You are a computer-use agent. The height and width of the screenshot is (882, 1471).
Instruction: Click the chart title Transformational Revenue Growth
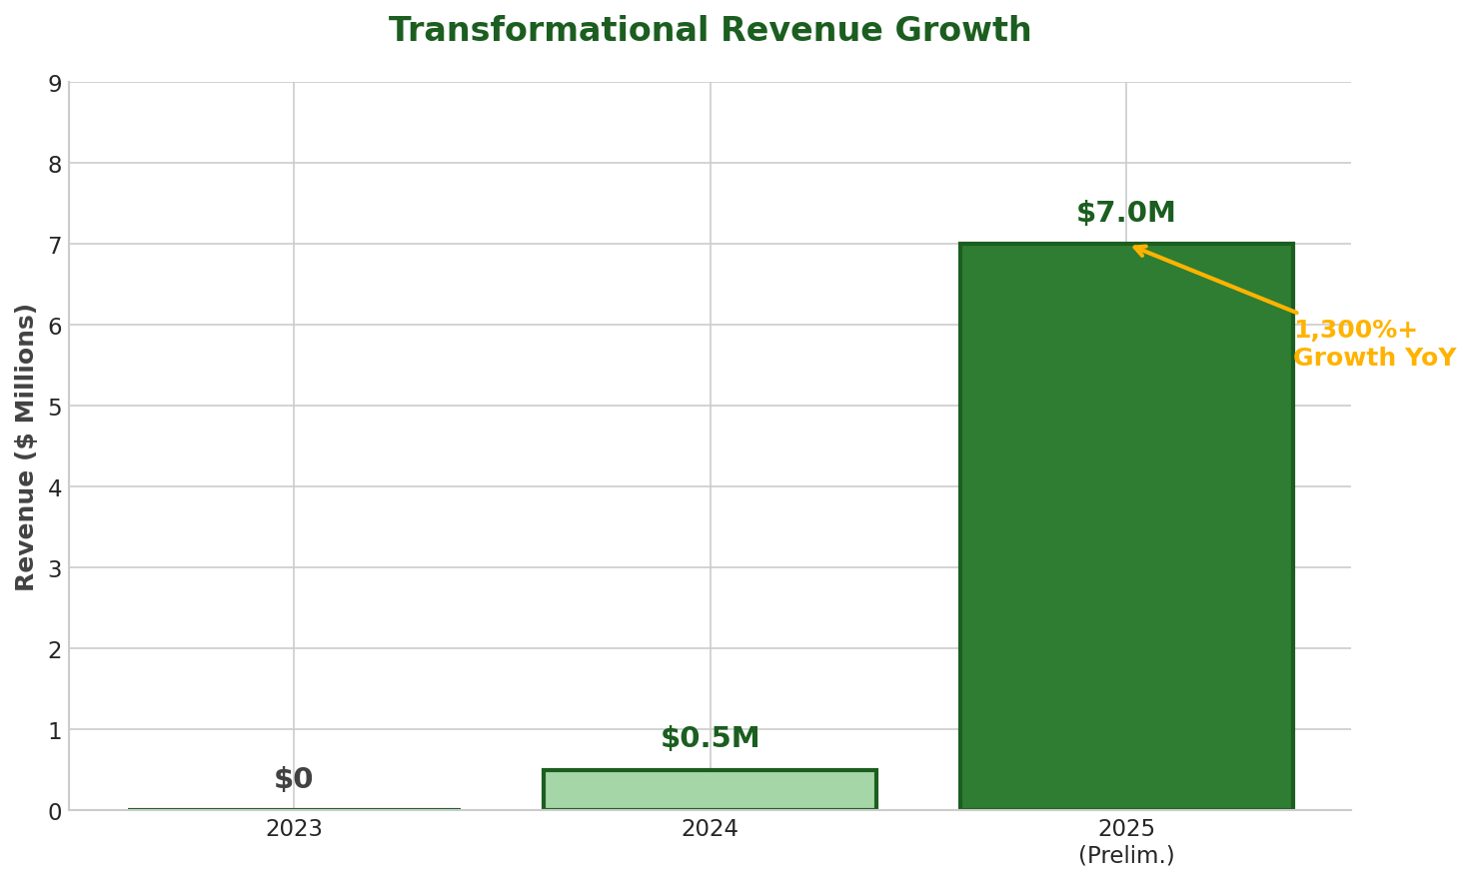point(710,31)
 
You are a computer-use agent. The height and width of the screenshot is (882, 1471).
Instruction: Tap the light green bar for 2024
point(710,789)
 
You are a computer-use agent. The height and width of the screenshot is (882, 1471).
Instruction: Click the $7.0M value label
point(1125,213)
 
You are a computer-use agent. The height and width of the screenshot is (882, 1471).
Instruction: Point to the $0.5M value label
point(710,738)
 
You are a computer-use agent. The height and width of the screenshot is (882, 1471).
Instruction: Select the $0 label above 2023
point(293,779)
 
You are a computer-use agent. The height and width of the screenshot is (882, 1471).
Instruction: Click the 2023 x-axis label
point(293,829)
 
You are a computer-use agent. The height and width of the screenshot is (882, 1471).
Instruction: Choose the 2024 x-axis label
point(710,829)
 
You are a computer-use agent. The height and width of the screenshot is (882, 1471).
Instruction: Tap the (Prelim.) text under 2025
point(1125,856)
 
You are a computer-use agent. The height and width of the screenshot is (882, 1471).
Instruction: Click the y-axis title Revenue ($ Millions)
point(26,446)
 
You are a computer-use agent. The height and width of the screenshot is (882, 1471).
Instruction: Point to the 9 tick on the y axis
point(55,84)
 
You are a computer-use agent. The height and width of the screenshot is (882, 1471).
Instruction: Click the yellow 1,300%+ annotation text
point(1355,330)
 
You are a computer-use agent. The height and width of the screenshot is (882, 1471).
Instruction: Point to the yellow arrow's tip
point(1134,247)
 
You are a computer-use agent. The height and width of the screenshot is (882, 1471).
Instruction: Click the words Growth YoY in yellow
point(1374,358)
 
